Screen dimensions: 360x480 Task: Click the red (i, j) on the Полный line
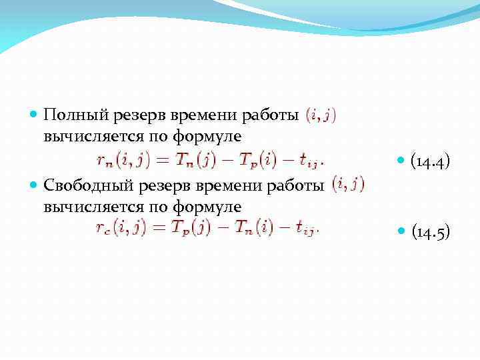[321, 115]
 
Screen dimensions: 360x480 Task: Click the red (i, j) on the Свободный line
[348, 183]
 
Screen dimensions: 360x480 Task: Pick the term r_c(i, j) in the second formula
[121, 228]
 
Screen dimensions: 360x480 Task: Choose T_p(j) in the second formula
[196, 228]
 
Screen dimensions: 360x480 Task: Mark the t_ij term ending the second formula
[307, 229]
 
